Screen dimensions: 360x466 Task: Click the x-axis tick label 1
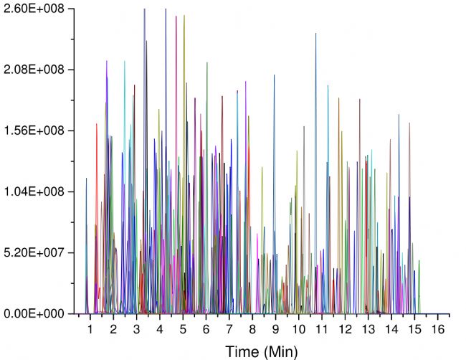[x=90, y=328]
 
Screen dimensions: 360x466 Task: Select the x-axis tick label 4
[x=160, y=328]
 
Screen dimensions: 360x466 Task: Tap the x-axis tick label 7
[x=229, y=328]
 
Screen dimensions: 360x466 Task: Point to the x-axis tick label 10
[x=299, y=328]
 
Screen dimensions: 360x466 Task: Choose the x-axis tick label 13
[x=368, y=328]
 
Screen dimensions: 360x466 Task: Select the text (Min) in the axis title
[x=280, y=351]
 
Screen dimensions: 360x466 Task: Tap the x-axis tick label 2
[x=113, y=328]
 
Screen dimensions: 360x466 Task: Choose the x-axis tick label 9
[x=276, y=328]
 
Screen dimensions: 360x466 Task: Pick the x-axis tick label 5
[x=183, y=328]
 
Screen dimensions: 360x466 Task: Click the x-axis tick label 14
[x=391, y=328]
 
